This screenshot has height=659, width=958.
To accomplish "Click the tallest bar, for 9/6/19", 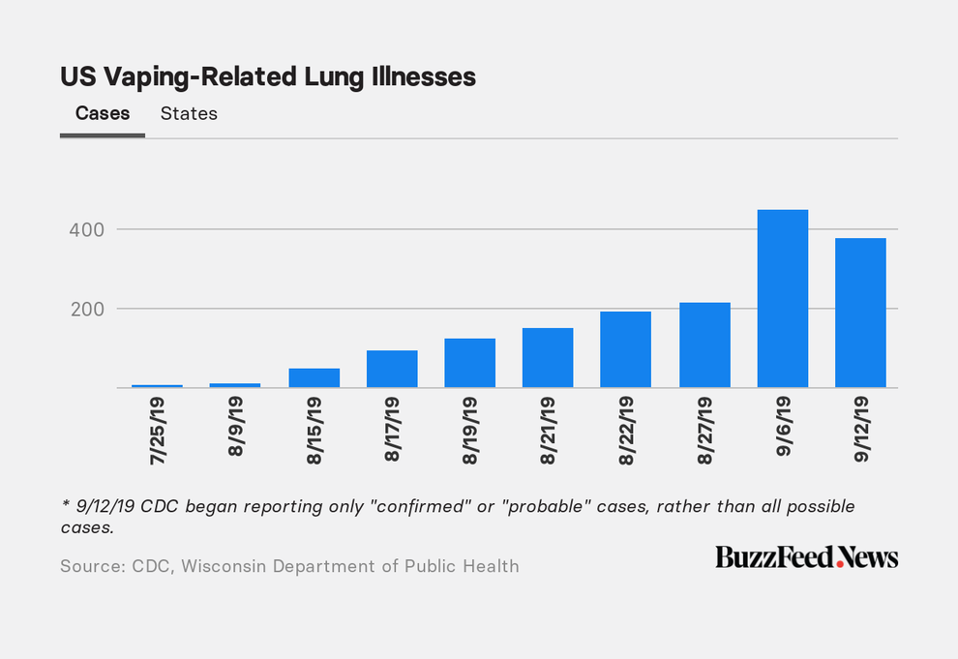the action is (783, 299).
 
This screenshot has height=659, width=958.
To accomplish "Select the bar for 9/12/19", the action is (860, 313).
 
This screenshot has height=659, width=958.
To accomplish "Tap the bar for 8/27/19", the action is (704, 345).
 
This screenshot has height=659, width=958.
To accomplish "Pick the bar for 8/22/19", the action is (626, 349).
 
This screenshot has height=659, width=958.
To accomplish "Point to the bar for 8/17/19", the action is (392, 369).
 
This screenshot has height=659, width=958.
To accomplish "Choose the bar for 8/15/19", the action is (314, 378).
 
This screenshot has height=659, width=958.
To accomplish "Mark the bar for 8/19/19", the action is (470, 363).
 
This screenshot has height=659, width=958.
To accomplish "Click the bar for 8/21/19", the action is (548, 358).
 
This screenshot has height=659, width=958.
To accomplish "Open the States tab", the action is (189, 113).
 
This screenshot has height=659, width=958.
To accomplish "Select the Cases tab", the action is (103, 113).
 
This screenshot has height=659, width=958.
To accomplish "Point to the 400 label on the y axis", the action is (87, 229).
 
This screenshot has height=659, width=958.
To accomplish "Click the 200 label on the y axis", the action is (87, 309).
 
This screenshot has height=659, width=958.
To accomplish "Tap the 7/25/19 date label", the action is (158, 431).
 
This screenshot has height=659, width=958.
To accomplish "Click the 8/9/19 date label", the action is (236, 427).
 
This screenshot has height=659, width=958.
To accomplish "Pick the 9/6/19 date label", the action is (783, 427).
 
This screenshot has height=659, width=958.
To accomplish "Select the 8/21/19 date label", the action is (548, 431).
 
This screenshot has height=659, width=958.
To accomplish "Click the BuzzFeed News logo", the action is (806, 557).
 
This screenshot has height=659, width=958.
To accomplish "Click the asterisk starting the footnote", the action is (65, 504).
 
